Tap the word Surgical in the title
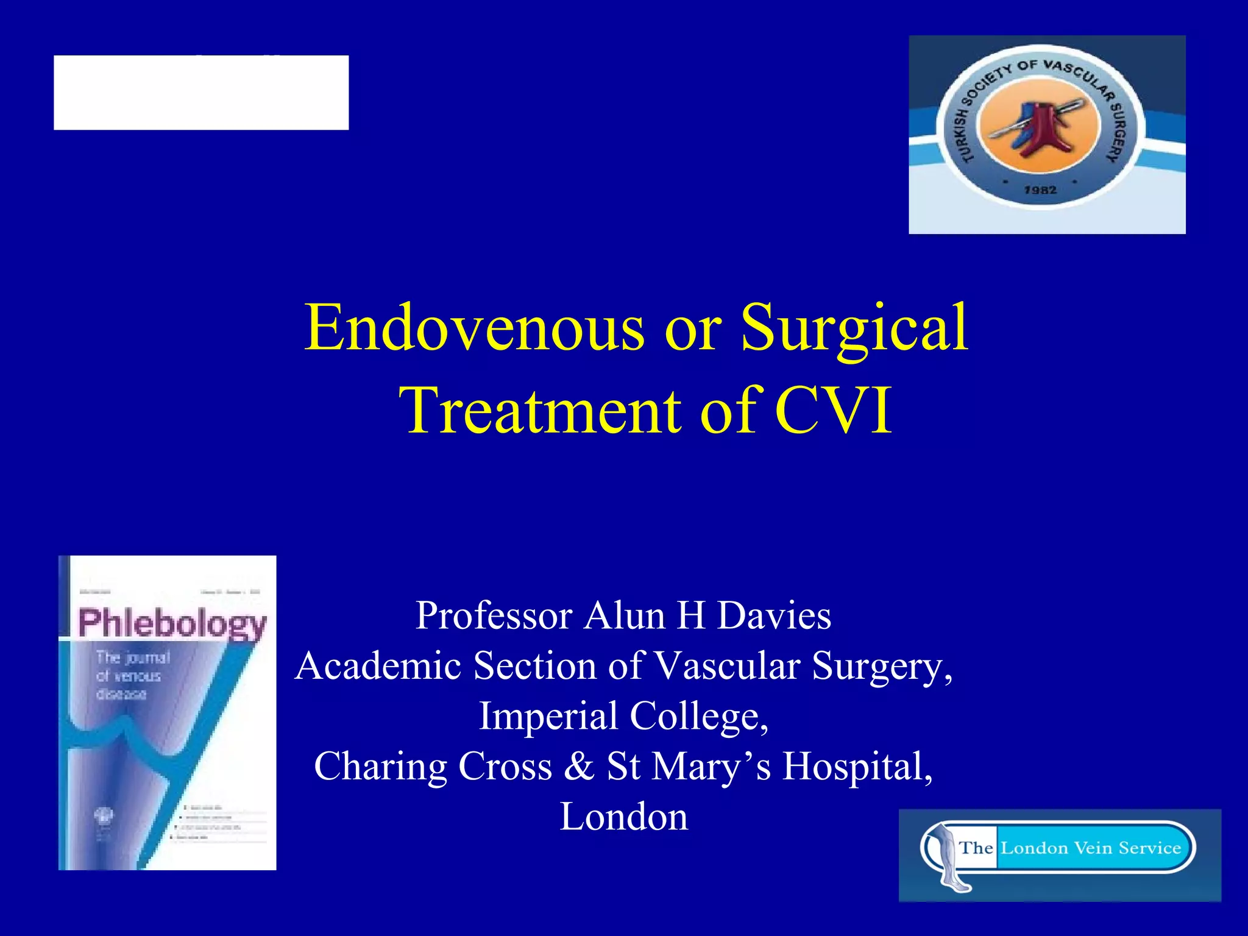click(x=854, y=329)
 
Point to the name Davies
click(x=773, y=615)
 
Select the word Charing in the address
click(x=380, y=767)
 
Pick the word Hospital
click(x=857, y=767)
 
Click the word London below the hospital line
click(x=624, y=817)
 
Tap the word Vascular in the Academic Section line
click(x=727, y=665)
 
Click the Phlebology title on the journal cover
click(x=172, y=623)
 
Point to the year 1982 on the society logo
click(x=1040, y=190)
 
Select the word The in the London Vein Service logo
click(x=976, y=848)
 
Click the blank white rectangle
click(x=201, y=93)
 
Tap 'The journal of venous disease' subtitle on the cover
click(x=132, y=675)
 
